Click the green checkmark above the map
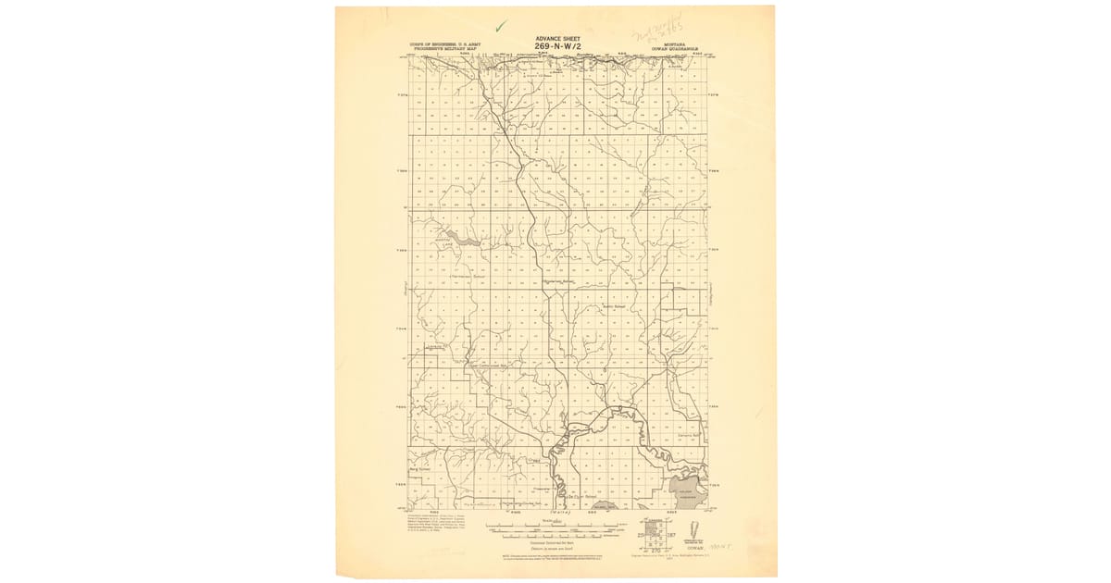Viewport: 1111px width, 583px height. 501,27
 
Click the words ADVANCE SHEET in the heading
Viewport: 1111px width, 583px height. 555,39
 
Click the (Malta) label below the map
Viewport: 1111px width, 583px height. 560,512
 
